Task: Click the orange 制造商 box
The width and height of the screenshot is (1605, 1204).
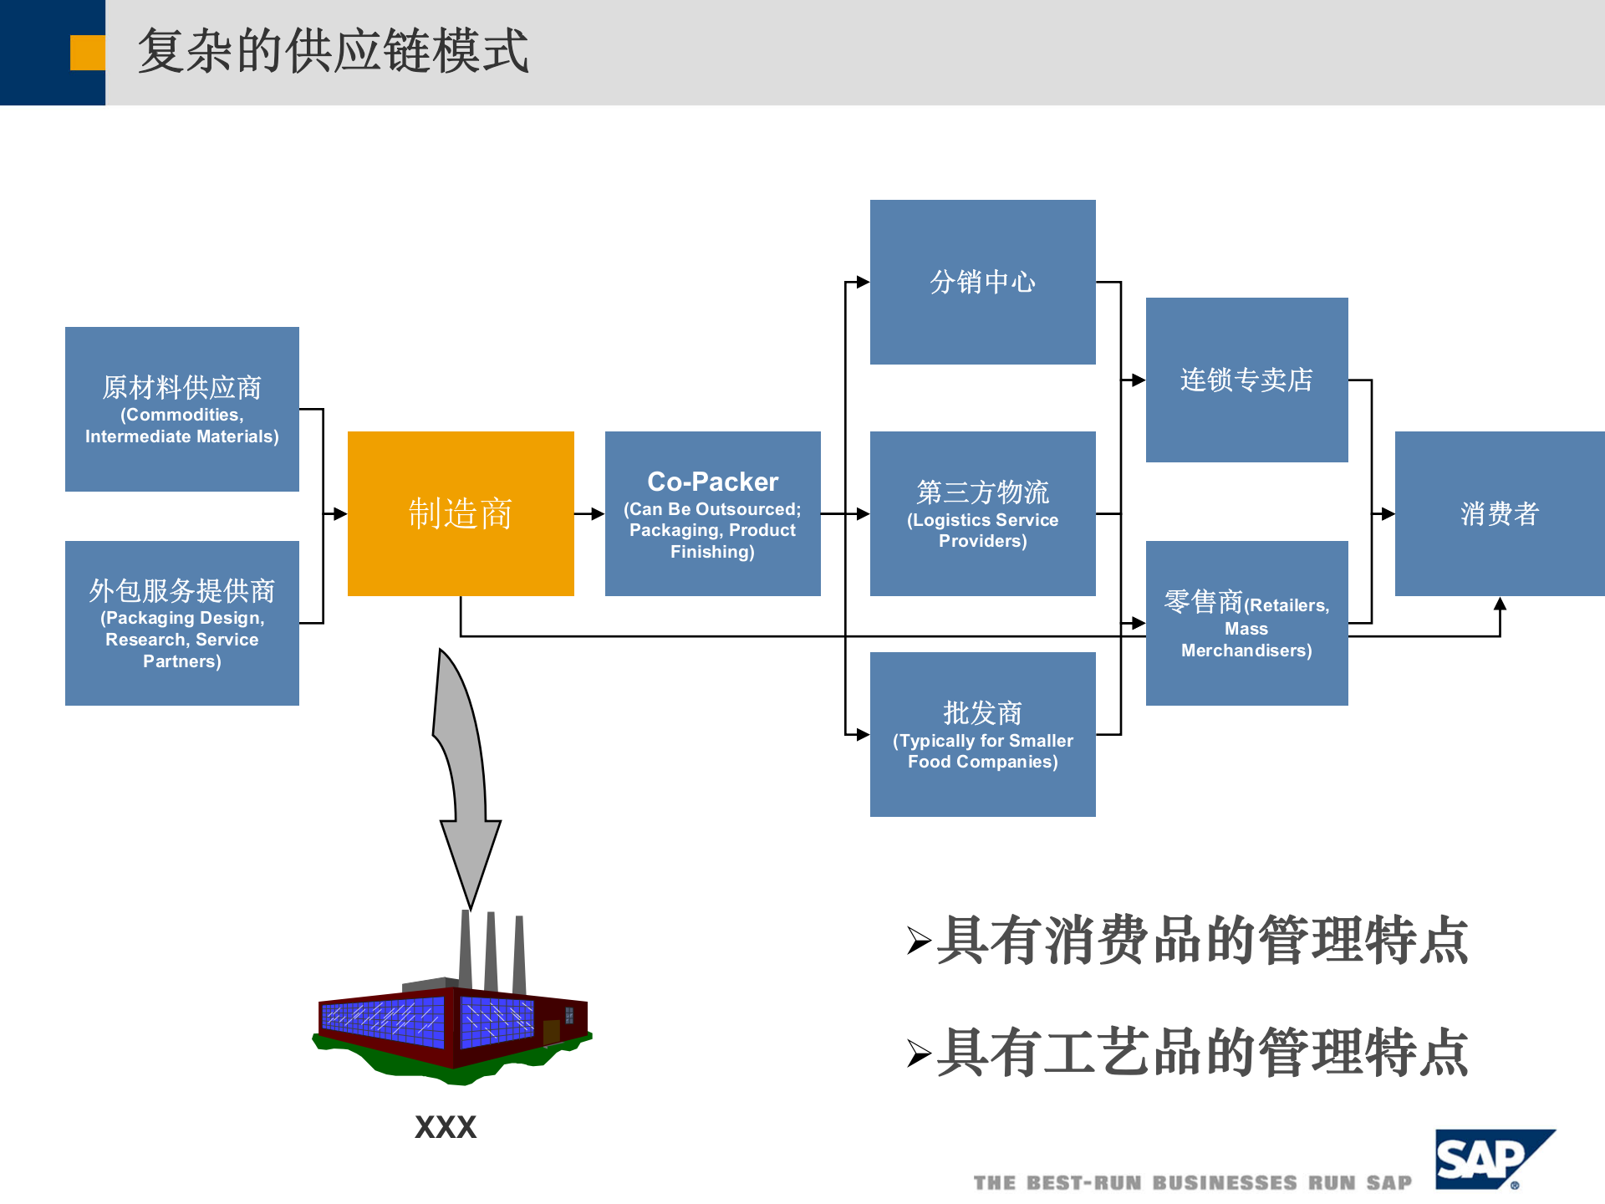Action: tap(461, 513)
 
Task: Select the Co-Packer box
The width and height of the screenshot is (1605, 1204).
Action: tap(712, 513)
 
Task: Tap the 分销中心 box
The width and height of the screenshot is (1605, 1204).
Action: tap(982, 282)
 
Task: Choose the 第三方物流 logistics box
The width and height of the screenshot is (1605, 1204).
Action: tap(982, 513)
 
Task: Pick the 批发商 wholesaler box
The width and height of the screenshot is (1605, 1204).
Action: tap(982, 734)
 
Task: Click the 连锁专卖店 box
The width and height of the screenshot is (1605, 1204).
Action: tap(1246, 380)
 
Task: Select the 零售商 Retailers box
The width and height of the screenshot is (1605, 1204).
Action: tap(1246, 623)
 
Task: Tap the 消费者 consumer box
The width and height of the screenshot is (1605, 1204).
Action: tap(1499, 513)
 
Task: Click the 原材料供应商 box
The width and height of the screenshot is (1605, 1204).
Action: tap(182, 409)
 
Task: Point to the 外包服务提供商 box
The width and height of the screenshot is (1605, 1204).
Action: tap(182, 623)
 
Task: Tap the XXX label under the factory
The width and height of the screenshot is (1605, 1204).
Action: tap(446, 1127)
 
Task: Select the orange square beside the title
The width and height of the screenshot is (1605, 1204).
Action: tap(87, 53)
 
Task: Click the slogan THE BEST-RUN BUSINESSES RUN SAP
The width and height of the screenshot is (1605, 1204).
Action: tap(1192, 1182)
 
